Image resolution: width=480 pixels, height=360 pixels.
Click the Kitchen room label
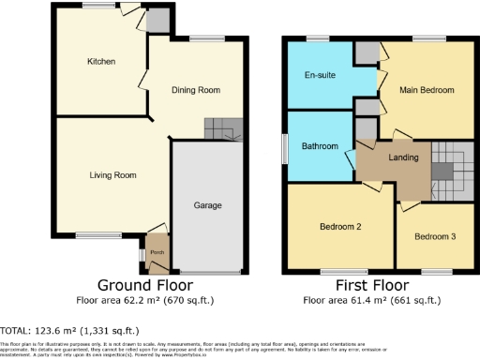point(101,62)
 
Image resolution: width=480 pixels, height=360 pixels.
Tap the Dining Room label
point(195,90)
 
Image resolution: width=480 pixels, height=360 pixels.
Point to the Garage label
point(207,204)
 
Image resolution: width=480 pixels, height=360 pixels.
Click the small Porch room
point(157,251)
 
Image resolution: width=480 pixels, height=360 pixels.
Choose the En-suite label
point(321,74)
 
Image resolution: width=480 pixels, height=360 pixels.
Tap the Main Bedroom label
point(428,90)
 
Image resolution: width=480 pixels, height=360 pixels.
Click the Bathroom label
point(320,146)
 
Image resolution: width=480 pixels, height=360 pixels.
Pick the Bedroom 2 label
point(339,227)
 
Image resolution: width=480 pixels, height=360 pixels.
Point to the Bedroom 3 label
point(435,236)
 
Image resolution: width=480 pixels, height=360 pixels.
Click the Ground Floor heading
point(146,285)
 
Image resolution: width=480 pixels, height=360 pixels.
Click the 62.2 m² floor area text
point(146,301)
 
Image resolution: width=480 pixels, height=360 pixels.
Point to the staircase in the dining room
point(223,128)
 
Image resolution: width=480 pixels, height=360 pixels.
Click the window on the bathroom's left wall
point(286,147)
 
